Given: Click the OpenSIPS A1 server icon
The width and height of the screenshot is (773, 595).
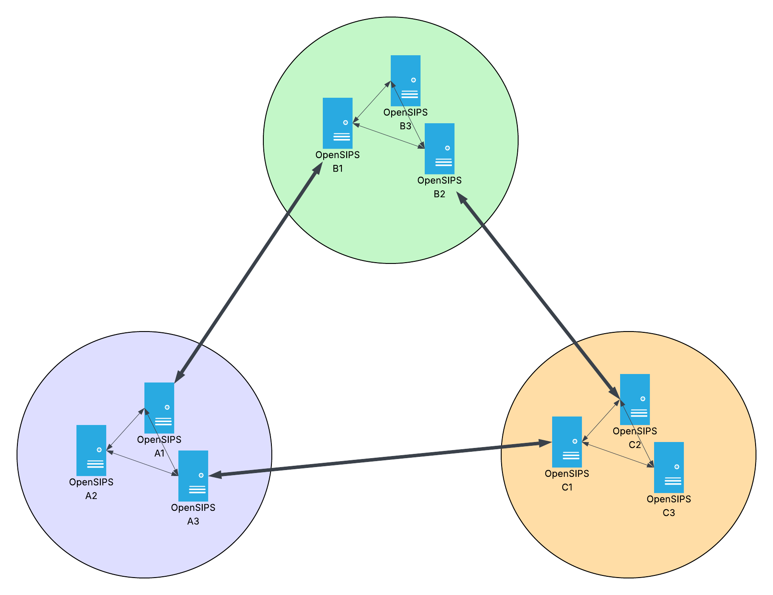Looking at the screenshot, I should click(159, 408).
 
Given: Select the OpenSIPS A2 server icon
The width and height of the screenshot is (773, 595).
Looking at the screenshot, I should click(91, 450).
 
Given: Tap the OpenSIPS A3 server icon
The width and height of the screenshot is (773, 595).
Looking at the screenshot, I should click(193, 476).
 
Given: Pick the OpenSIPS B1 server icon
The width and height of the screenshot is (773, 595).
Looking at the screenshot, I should click(338, 123).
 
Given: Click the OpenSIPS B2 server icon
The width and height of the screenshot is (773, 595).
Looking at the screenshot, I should click(440, 149).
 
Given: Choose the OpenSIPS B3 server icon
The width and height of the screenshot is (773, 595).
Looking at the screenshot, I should click(406, 81).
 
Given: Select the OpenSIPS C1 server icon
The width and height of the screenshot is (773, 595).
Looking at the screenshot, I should click(567, 442).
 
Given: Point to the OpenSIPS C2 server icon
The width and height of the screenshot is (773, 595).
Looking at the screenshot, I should click(635, 399).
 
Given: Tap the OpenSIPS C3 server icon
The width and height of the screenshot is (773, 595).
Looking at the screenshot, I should click(669, 467).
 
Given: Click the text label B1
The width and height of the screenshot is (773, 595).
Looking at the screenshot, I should click(338, 169).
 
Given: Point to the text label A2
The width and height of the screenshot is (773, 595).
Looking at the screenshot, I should click(91, 496).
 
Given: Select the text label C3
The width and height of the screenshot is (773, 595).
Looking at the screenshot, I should click(669, 513).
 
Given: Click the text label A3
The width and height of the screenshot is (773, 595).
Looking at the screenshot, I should click(193, 521).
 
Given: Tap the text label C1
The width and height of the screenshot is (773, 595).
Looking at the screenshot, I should click(567, 487).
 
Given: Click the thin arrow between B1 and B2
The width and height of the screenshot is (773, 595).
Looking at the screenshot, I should click(389, 136).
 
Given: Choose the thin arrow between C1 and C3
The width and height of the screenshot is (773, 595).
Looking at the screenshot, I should click(618, 455).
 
